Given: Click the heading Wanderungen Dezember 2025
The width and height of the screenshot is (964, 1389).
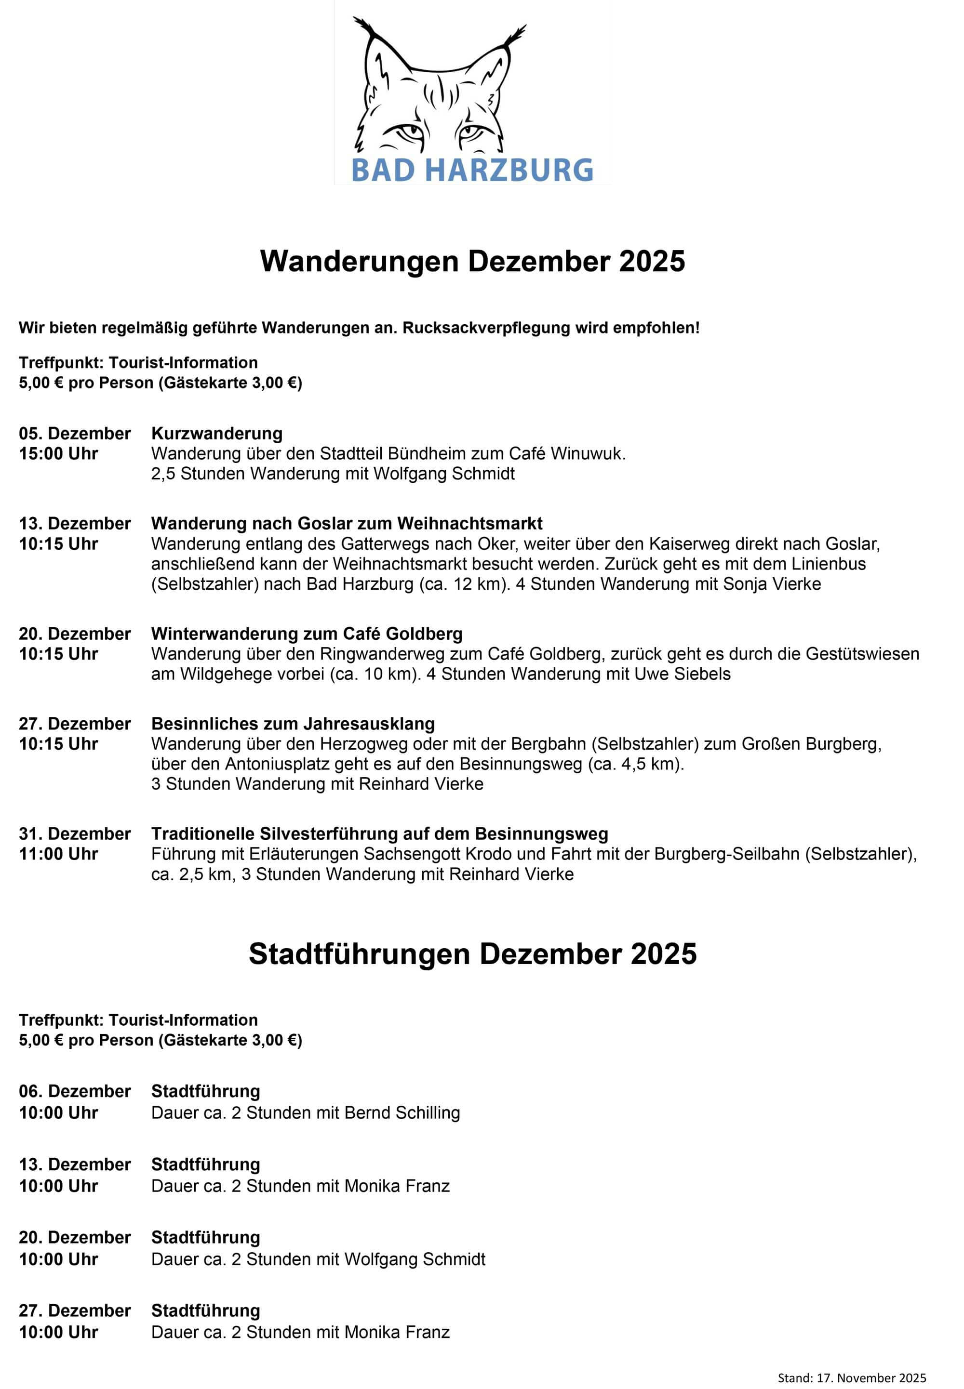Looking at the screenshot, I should [x=472, y=262].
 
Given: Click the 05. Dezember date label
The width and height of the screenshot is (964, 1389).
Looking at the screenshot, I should [x=75, y=434].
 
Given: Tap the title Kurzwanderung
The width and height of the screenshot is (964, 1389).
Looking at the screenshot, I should [x=217, y=434].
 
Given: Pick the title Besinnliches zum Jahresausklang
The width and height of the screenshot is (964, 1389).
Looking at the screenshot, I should [x=293, y=723].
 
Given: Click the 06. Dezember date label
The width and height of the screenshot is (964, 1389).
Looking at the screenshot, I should [x=75, y=1091].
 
